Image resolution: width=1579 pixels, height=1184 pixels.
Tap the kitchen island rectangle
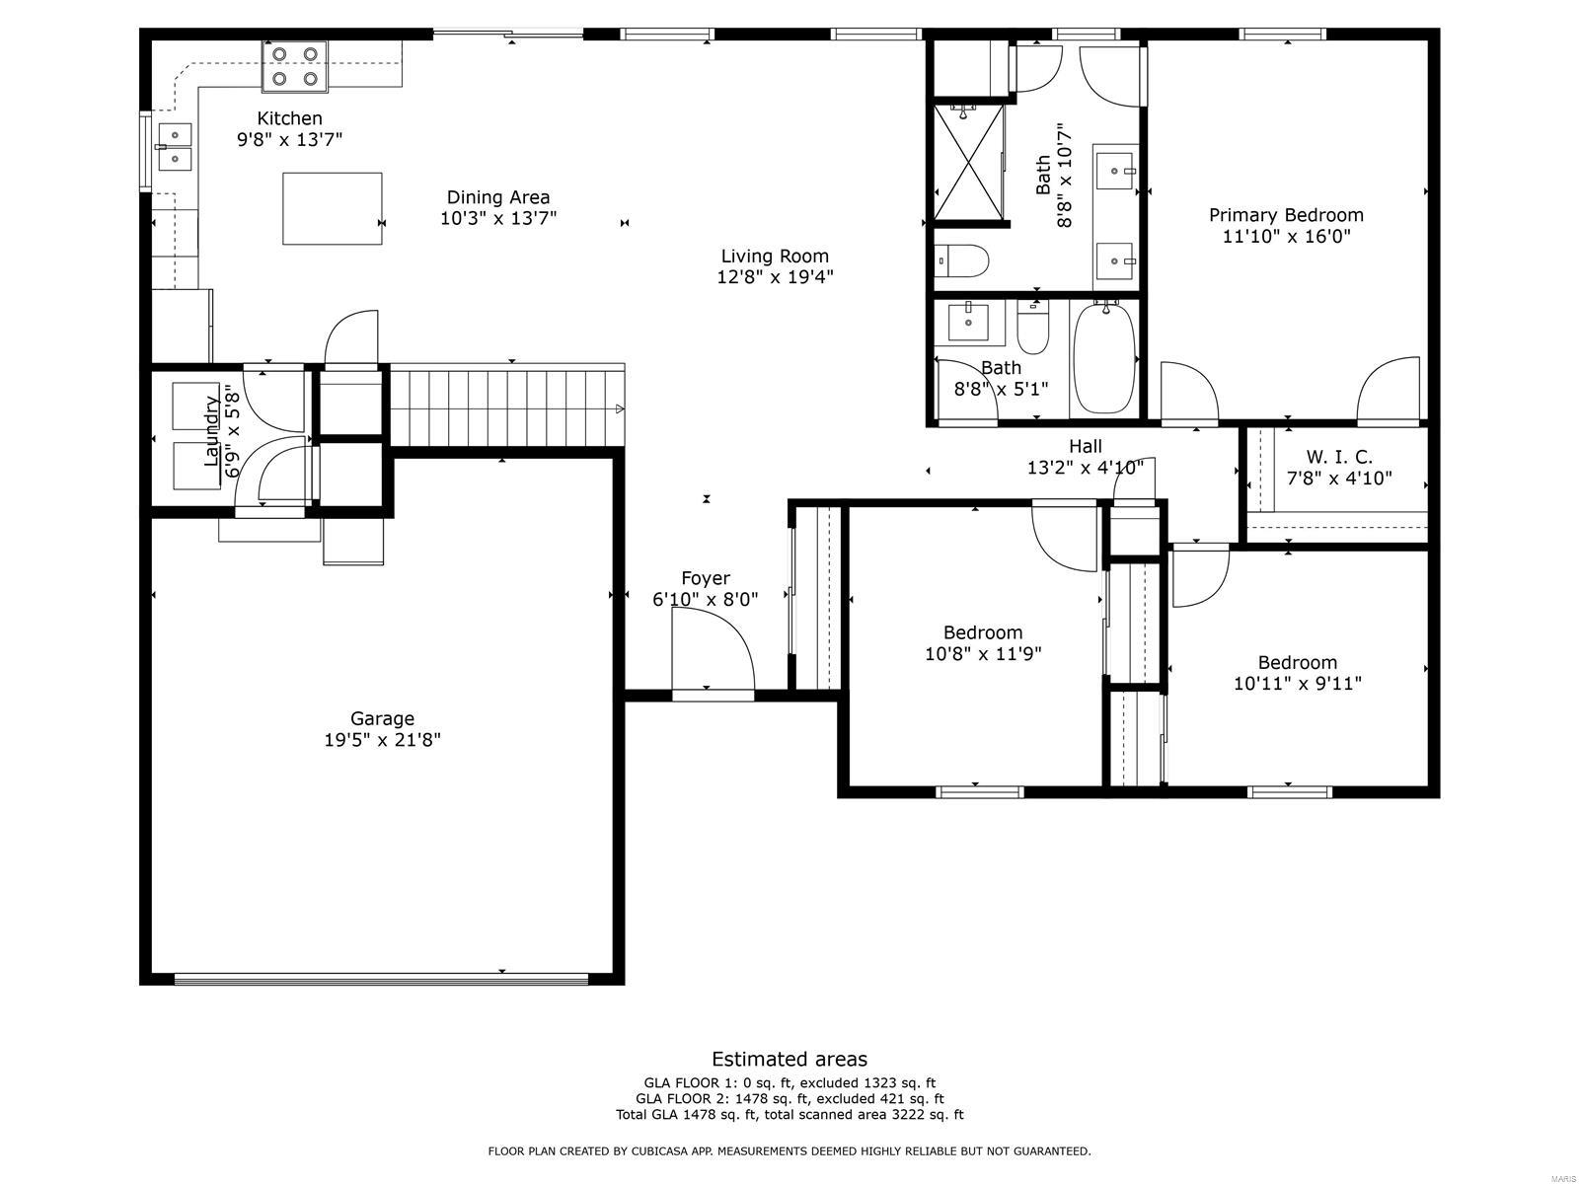click(x=333, y=208)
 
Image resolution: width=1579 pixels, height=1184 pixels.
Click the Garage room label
click(x=382, y=718)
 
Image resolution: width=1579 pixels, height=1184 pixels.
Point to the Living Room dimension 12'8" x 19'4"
click(x=775, y=277)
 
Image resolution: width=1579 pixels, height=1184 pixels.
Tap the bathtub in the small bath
click(x=1104, y=357)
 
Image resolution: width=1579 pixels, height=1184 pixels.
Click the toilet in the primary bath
click(x=963, y=261)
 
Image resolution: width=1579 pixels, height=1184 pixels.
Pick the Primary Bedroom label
click(x=1286, y=215)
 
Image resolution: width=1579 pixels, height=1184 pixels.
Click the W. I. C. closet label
click(x=1339, y=457)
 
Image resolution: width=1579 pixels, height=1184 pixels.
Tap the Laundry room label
click(x=211, y=431)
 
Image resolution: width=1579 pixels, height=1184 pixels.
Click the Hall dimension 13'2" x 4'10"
click(x=1085, y=468)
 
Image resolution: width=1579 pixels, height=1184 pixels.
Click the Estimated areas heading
click(x=789, y=1059)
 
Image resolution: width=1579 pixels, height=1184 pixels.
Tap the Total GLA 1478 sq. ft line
click(x=789, y=1115)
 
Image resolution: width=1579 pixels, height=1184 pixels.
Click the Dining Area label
click(x=498, y=197)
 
